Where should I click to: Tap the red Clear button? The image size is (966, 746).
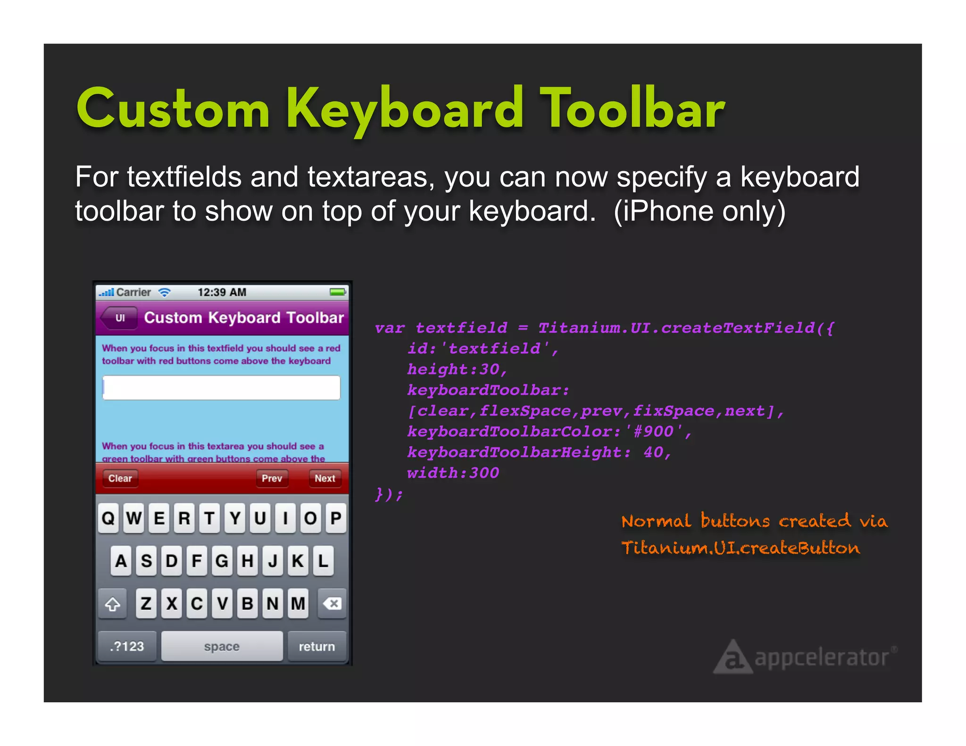point(120,478)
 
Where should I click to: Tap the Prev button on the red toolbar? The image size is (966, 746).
point(272,478)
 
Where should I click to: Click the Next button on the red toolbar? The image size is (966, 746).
point(325,478)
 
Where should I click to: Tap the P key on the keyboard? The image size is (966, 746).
point(336,518)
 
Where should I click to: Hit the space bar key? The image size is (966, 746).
point(222,646)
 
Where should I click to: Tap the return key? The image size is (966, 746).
point(316,646)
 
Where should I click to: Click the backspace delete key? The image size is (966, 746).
point(332,603)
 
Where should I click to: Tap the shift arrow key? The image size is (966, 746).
point(112,603)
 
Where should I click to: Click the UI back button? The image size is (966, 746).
point(119,318)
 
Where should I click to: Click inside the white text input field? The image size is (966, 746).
point(221,388)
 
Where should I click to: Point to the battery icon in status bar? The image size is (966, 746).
point(338,292)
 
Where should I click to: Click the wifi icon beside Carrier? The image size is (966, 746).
point(164,292)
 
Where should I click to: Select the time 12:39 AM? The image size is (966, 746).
point(222,292)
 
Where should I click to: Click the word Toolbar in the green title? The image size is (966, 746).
point(632,109)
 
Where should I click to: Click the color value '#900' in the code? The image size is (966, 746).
point(654,431)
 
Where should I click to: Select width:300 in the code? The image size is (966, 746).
point(453,473)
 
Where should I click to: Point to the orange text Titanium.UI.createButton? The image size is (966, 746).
point(741,548)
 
